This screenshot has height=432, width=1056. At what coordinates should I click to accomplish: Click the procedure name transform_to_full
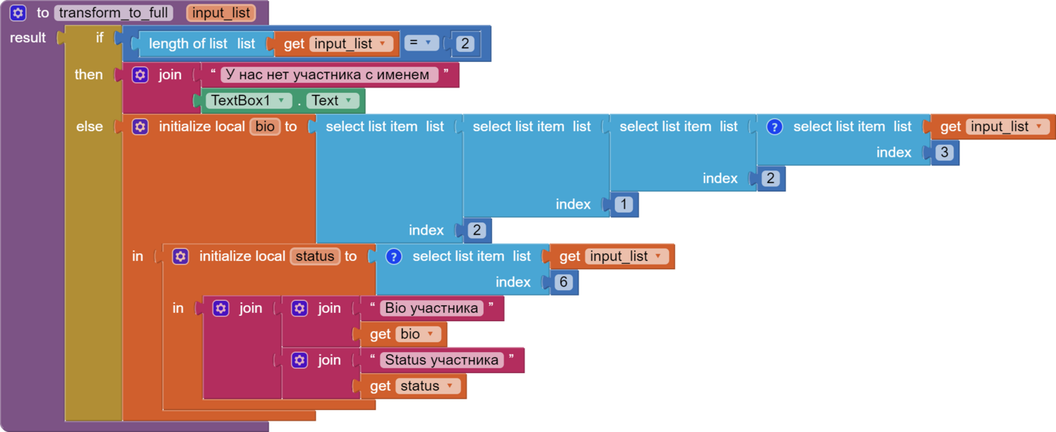click(x=113, y=13)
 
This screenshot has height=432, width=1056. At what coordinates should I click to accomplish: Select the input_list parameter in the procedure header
click(x=219, y=13)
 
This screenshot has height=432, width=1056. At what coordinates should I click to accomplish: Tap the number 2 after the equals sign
click(x=465, y=44)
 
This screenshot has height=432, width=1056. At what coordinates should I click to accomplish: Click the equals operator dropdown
click(x=422, y=44)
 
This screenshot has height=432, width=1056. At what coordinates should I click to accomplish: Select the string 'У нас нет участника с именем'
click(x=327, y=75)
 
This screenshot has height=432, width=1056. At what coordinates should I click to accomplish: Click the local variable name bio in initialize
click(x=265, y=127)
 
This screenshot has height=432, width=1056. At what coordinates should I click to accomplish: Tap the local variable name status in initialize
click(x=315, y=256)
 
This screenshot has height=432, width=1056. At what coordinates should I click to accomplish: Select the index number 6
click(x=563, y=283)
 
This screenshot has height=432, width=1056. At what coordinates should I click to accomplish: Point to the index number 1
click(x=624, y=204)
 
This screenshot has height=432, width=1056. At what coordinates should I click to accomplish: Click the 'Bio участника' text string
click(x=431, y=308)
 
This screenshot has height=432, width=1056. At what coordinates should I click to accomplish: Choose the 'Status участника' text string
click(x=441, y=360)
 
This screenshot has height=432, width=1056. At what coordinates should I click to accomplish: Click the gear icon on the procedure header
click(x=18, y=13)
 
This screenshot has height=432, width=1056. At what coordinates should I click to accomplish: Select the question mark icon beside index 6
click(x=393, y=256)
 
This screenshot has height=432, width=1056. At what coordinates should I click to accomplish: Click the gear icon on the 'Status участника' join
click(x=299, y=360)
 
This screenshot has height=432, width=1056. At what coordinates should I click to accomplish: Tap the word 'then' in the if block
click(x=88, y=75)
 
